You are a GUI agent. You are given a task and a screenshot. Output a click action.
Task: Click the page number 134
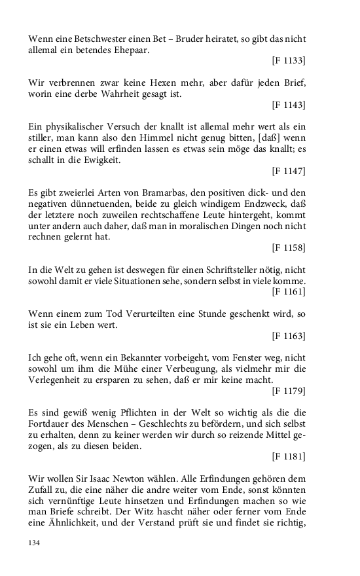click(35, 543)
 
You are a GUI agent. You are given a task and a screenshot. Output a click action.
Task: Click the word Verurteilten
click(131, 314)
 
